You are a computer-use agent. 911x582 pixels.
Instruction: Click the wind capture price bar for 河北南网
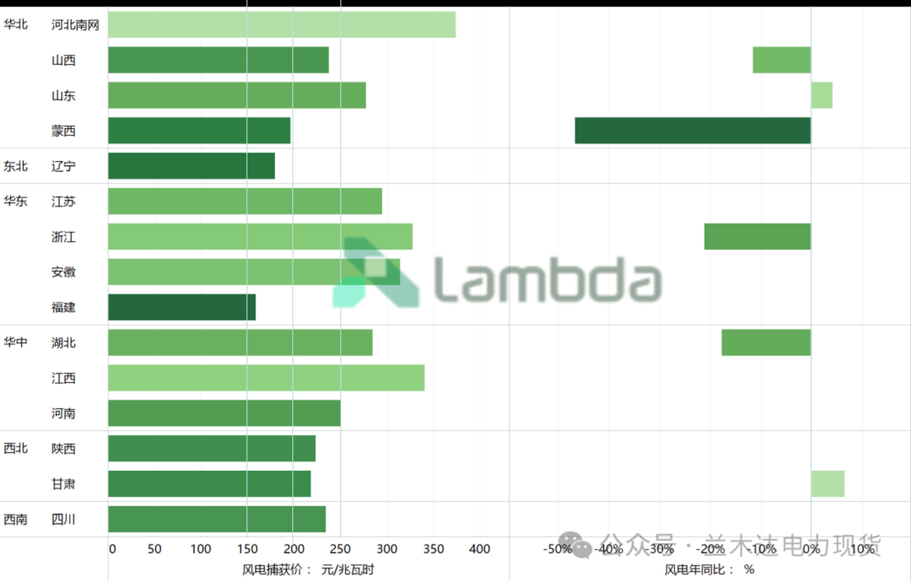pyautogui.click(x=282, y=25)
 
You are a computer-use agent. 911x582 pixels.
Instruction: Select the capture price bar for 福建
pyautogui.click(x=182, y=307)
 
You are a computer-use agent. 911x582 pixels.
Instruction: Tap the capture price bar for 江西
pyautogui.click(x=266, y=378)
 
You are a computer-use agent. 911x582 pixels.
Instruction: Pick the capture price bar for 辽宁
pyautogui.click(x=191, y=166)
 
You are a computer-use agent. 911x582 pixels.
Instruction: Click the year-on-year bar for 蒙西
pyautogui.click(x=693, y=131)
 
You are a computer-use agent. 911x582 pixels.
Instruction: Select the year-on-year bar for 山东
pyautogui.click(x=822, y=95)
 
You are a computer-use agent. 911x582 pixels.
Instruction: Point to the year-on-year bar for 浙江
pyautogui.click(x=758, y=237)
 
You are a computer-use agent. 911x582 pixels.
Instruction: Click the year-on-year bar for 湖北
pyautogui.click(x=766, y=343)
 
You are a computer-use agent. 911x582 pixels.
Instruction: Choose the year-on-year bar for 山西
pyautogui.click(x=782, y=60)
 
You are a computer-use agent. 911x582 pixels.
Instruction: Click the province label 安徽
pyautogui.click(x=63, y=272)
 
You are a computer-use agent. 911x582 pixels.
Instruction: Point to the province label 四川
pyautogui.click(x=63, y=519)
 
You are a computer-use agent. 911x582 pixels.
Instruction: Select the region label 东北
pyautogui.click(x=15, y=166)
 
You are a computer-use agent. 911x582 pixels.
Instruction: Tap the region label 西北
pyautogui.click(x=15, y=448)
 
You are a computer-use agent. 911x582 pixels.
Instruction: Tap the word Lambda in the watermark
pyautogui.click(x=548, y=280)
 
